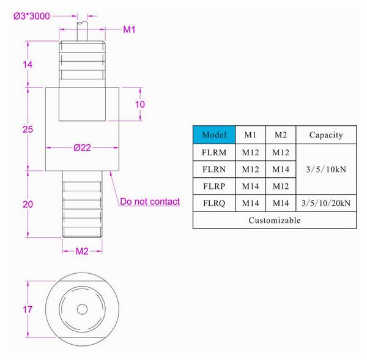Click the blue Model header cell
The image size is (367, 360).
213,134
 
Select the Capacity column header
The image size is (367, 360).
325,134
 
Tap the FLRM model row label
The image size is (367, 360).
213,152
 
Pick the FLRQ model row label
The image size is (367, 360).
213,202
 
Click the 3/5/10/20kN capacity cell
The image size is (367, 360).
325,202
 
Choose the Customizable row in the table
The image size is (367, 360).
274,220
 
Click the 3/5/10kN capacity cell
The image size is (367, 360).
325,169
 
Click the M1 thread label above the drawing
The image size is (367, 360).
129,29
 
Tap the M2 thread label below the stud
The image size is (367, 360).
82,250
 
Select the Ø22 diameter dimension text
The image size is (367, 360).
82,147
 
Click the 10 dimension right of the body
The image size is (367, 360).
140,104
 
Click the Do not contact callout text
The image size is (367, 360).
150,202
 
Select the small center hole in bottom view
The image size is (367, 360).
82,309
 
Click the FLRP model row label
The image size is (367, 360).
213,185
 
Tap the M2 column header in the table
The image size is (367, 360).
281,134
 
